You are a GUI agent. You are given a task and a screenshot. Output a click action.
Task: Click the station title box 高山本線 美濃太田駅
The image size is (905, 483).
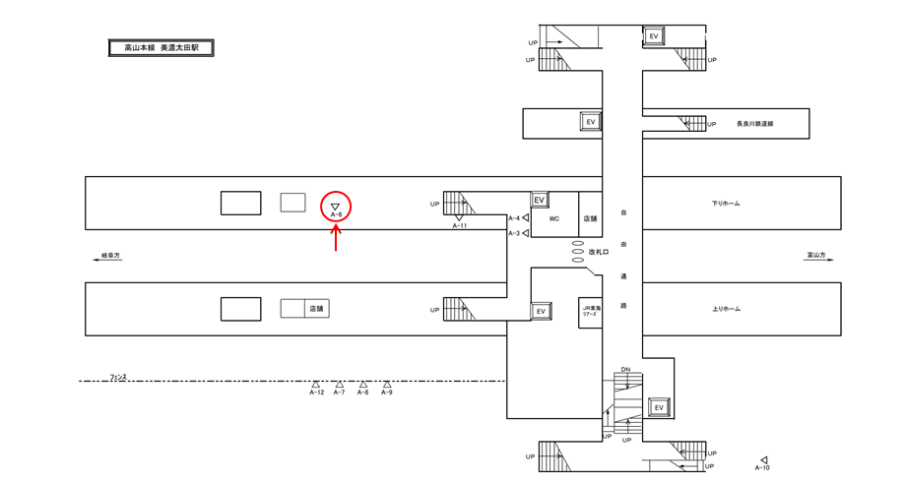(161, 47)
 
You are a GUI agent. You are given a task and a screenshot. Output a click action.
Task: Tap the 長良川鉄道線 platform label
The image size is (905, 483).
(755, 124)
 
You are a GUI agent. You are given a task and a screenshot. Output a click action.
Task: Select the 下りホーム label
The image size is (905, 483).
(726, 204)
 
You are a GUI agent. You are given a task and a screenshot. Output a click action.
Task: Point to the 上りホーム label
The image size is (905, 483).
(726, 309)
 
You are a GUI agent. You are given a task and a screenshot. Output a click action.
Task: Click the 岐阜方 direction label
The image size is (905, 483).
(109, 256)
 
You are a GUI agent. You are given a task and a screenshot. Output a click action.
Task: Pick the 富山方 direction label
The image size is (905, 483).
(815, 256)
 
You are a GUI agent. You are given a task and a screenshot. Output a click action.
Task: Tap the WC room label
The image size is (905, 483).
(554, 219)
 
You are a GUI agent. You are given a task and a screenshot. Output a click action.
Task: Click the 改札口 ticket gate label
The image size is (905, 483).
(601, 252)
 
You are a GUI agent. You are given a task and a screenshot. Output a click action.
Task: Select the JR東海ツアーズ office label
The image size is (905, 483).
(590, 313)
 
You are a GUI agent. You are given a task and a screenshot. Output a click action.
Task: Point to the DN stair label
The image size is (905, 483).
(625, 370)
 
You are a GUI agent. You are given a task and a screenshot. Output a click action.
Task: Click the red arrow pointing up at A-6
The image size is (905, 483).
(337, 238)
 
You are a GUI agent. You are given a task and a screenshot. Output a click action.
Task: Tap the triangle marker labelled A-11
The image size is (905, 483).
(459, 218)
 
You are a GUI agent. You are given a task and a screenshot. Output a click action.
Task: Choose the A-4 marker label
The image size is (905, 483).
(513, 217)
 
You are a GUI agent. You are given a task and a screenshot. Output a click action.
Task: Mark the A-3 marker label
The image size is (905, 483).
(513, 233)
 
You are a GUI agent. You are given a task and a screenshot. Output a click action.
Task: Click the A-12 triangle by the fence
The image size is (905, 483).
(316, 385)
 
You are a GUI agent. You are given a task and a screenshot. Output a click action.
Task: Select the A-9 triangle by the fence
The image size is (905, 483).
(387, 385)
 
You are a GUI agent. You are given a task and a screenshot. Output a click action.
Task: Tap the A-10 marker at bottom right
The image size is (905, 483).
(763, 460)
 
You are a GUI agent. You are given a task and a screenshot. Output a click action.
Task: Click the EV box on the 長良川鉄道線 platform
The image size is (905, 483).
(591, 121)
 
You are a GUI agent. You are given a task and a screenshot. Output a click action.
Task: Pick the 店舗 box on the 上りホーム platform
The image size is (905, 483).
(316, 309)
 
